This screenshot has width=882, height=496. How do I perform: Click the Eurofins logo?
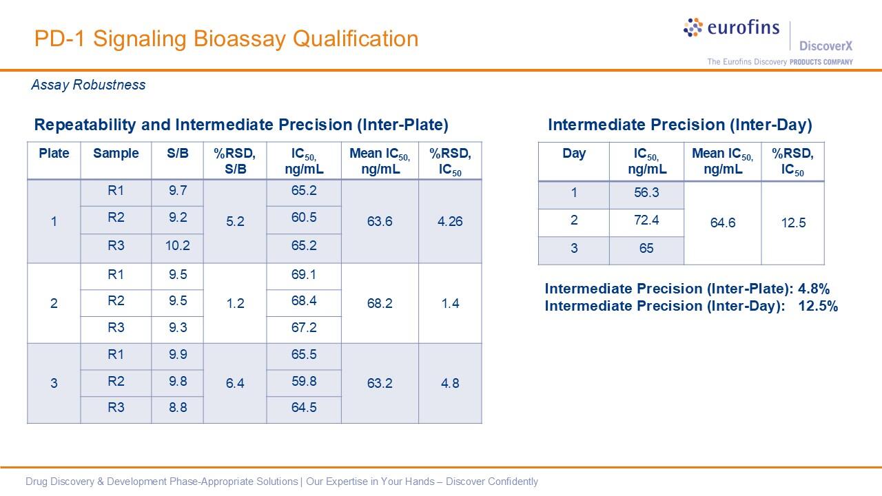[x=731, y=28]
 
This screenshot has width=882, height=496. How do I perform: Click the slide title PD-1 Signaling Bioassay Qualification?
[x=226, y=39]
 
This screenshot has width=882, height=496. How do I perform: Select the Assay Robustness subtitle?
[x=88, y=85]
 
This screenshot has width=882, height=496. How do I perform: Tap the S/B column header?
[x=177, y=154]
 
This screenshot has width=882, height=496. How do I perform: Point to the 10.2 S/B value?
[x=177, y=246]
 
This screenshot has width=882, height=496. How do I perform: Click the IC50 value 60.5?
[x=303, y=218]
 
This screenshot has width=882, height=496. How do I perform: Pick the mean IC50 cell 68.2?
[x=380, y=304]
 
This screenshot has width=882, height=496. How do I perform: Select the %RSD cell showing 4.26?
[x=450, y=222]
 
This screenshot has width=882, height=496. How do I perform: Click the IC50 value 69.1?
[x=303, y=275]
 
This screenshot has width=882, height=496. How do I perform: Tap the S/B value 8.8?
[x=177, y=408]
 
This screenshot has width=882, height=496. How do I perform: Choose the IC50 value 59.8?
[x=303, y=382]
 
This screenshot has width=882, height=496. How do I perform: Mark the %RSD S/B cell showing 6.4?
[x=235, y=383]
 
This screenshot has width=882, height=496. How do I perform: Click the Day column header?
[x=573, y=154]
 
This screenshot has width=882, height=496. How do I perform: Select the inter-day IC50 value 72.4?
[x=646, y=220]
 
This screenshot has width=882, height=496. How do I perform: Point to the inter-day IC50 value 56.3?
[x=646, y=193]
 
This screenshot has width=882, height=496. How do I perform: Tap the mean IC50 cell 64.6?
[x=722, y=223]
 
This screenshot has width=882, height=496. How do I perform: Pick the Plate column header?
[x=54, y=154]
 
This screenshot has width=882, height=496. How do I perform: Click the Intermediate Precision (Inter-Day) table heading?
[x=679, y=125]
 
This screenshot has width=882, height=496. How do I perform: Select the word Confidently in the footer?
[x=511, y=482]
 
